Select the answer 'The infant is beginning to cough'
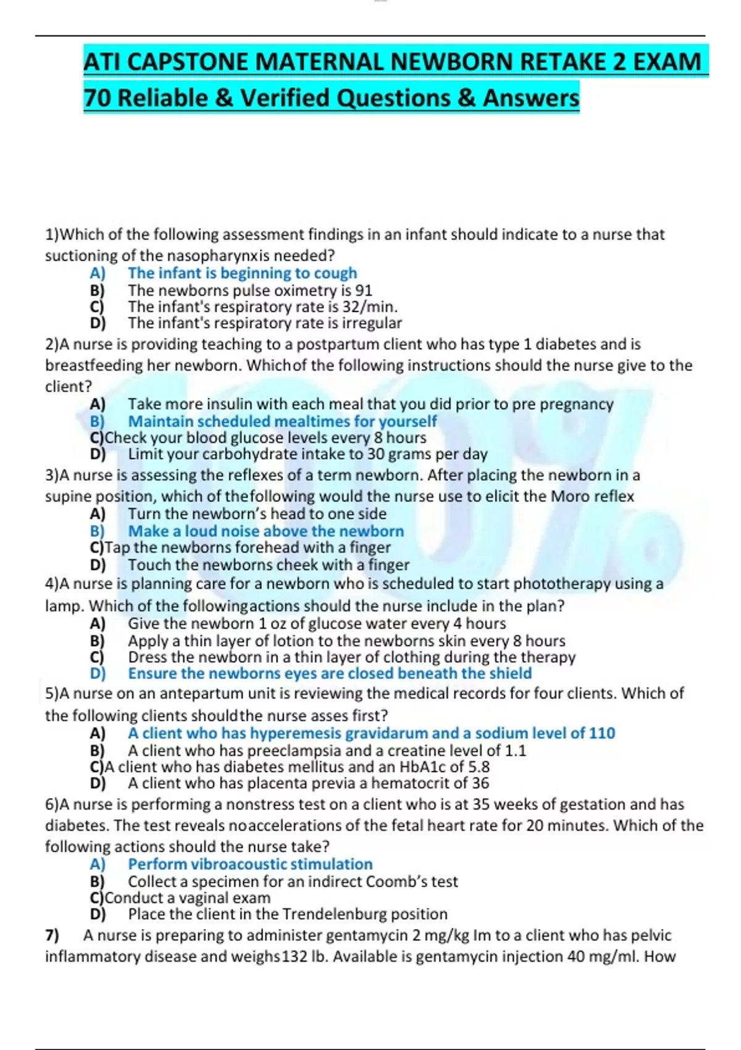pyautogui.click(x=242, y=273)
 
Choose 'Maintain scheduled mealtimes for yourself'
pyautogui.click(x=282, y=421)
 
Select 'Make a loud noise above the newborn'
pyautogui.click(x=266, y=531)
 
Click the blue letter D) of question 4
pyautogui.click(x=98, y=674)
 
